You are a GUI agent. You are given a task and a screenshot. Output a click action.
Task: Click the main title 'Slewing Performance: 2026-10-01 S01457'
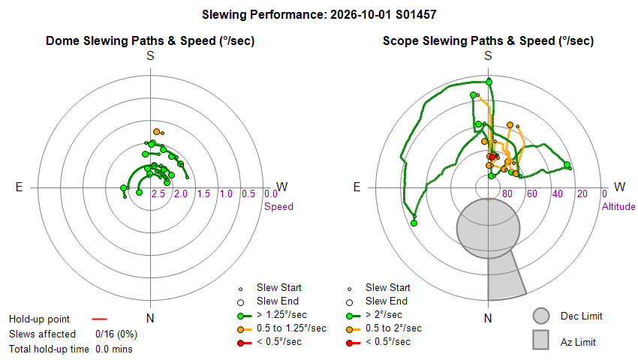(x=319, y=15)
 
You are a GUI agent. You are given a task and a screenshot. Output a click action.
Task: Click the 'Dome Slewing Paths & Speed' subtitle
(x=149, y=40)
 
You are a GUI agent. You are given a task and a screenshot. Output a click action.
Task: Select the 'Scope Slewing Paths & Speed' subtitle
(x=489, y=40)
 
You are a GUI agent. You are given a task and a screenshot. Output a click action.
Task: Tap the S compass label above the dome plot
(x=151, y=56)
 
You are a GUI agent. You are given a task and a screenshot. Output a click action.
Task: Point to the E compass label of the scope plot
(x=357, y=187)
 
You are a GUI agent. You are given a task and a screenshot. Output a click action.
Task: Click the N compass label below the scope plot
(x=488, y=318)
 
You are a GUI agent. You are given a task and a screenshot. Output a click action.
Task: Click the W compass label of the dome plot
(x=282, y=187)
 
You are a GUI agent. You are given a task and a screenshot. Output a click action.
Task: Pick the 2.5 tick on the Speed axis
(x=158, y=194)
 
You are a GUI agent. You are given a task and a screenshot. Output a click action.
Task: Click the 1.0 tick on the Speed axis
(x=226, y=194)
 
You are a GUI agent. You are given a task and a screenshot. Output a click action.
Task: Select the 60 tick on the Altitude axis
(x=532, y=194)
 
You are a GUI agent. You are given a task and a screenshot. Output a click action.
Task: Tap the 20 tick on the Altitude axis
(x=582, y=194)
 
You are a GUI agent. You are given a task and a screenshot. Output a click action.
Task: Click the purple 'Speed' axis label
(x=278, y=207)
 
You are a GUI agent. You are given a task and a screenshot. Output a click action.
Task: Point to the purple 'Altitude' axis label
(x=618, y=207)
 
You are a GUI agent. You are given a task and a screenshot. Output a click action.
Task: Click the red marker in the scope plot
(x=492, y=157)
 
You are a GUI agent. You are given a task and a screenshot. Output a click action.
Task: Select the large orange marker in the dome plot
(x=157, y=131)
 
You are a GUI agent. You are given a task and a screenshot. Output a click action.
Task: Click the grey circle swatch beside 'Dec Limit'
(x=541, y=316)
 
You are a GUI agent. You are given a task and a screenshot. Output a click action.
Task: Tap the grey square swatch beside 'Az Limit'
(x=541, y=340)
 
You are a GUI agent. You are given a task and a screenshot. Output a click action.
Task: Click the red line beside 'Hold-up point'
(x=99, y=319)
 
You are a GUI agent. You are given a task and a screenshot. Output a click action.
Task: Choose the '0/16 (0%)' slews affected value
(x=116, y=334)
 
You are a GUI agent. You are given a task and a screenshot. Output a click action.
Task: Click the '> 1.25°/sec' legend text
(x=282, y=315)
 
